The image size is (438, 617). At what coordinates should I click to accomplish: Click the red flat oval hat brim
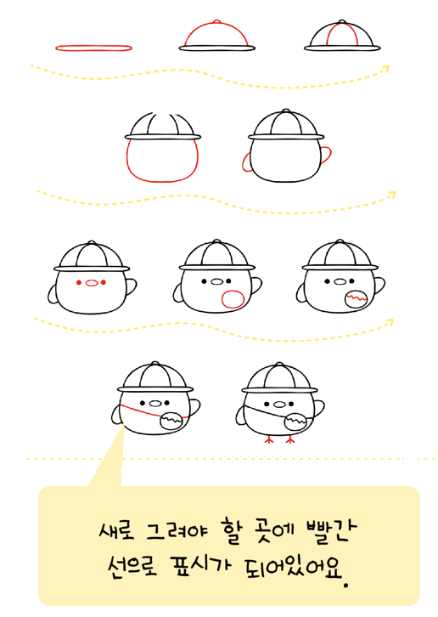pos(93,48)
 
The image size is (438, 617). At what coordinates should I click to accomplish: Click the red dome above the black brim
pos(216,25)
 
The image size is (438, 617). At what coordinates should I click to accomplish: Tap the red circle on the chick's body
pos(233,299)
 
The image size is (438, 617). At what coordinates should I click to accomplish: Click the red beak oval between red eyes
pos(91,282)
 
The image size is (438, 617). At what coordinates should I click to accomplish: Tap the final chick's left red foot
pos(269,439)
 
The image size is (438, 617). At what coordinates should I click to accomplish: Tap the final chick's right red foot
pos(290,439)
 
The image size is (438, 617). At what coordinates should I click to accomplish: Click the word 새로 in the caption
pos(117,531)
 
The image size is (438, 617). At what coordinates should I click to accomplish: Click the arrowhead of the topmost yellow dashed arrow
pos(386,69)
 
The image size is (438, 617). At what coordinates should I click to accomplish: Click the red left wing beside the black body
pos(247,162)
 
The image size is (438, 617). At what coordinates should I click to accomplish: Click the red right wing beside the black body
pos(326,155)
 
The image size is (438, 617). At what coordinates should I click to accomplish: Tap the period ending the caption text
pos(346,585)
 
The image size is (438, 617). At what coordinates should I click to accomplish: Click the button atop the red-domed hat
pos(216,21)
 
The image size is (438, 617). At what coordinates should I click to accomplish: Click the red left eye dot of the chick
pos(79,282)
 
